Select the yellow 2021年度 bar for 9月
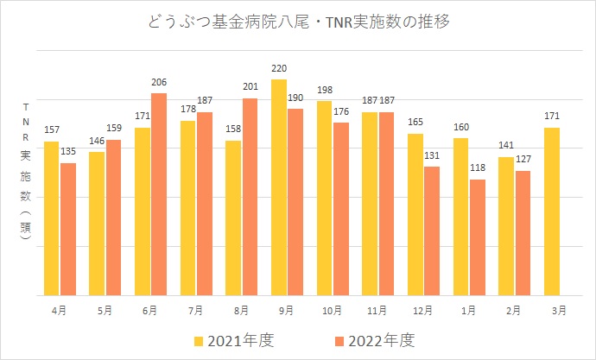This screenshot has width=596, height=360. pyautogui.click(x=279, y=186)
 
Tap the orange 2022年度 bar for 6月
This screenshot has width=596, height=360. pyautogui.click(x=159, y=193)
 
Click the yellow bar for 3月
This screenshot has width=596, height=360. pyautogui.click(x=552, y=211)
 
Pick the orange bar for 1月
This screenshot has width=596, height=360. pyautogui.click(x=478, y=237)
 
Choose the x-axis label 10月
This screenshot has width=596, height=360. pyautogui.click(x=333, y=308)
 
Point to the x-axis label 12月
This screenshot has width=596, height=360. pyautogui.click(x=423, y=308)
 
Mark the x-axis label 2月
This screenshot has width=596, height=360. pyautogui.click(x=514, y=308)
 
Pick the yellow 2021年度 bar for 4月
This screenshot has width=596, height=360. pyautogui.click(x=52, y=218)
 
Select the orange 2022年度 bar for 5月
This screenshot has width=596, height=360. pyautogui.click(x=114, y=217)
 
